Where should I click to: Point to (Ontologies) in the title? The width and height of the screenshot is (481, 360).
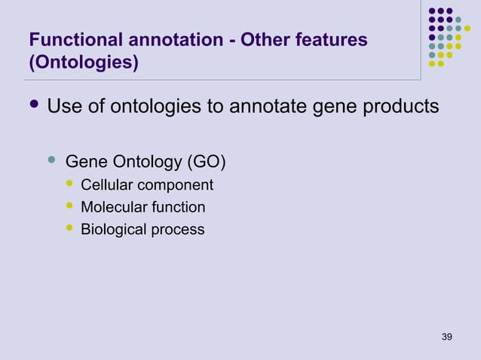[83, 63]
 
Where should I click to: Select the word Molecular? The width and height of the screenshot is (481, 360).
[112, 207]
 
